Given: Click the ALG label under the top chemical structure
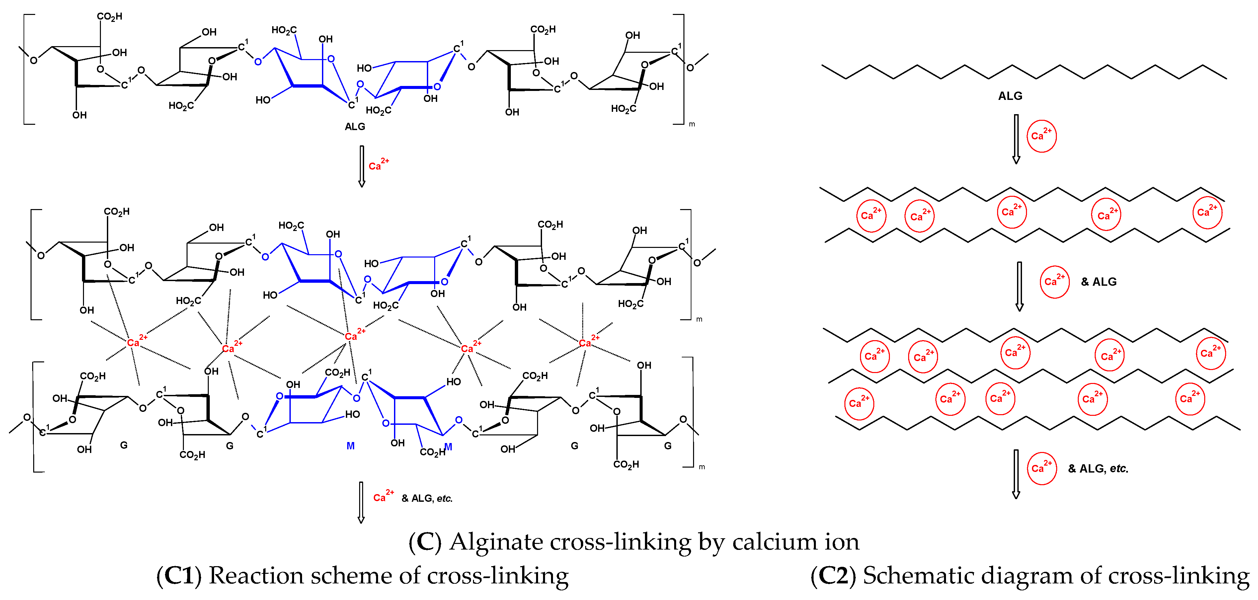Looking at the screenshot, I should click(355, 127).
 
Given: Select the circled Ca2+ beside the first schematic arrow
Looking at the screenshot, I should click(1041, 136).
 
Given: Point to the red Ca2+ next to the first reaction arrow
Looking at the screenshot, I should click(378, 165).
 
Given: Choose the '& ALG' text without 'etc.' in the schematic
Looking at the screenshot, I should click(1098, 282).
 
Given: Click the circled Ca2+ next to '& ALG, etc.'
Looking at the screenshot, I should click(1042, 468).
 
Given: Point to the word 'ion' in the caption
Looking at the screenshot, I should click(842, 542).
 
